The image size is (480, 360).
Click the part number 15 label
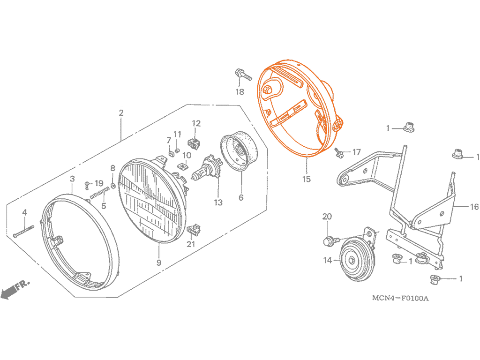pyautogui.click(x=307, y=179)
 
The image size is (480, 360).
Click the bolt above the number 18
pyautogui.click(x=243, y=75)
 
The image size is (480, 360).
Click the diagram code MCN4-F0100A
pyautogui.click(x=400, y=298)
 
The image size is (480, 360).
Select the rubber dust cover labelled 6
pyautogui.click(x=239, y=151)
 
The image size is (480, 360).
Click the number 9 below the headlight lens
pyautogui.click(x=159, y=262)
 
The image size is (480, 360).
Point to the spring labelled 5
pyautogui.click(x=100, y=193)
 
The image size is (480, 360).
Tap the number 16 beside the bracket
pyautogui.click(x=474, y=207)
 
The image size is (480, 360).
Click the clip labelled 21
pyautogui.click(x=194, y=230)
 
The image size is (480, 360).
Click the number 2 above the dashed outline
pyautogui.click(x=121, y=113)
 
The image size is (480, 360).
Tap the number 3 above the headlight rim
pyautogui.click(x=72, y=179)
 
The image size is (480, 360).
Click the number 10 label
pyautogui.click(x=187, y=155)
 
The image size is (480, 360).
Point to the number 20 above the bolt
pyautogui.click(x=327, y=217)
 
